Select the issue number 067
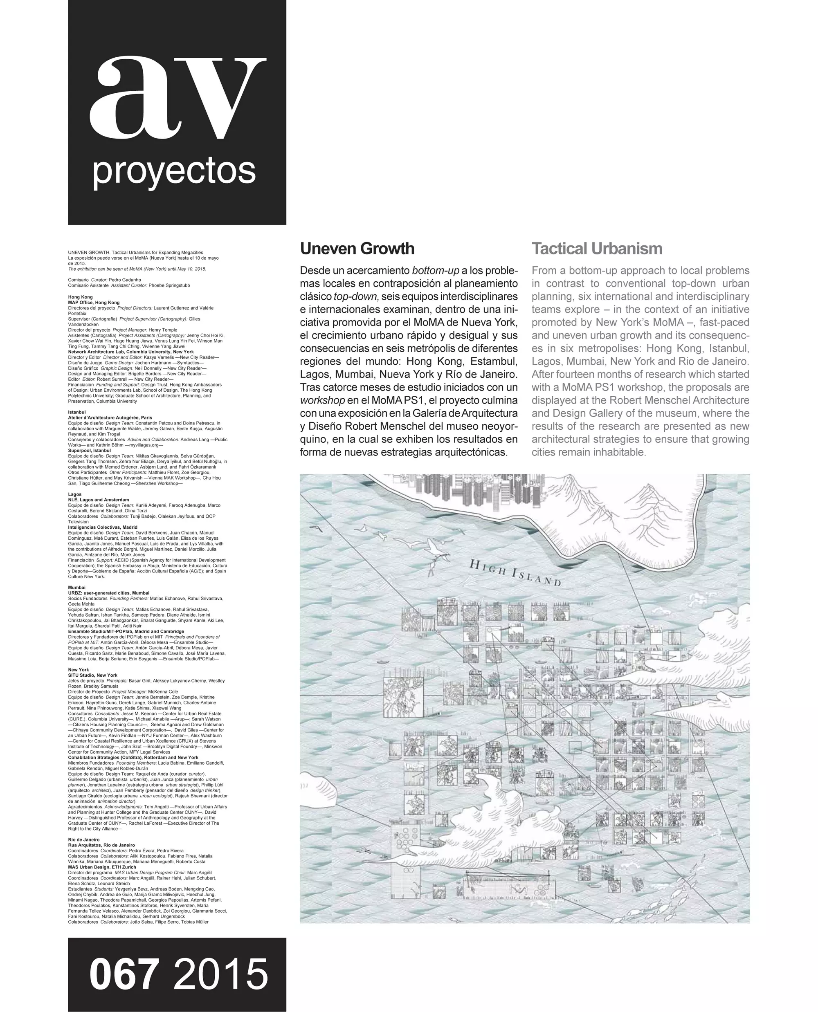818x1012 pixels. coord(124,974)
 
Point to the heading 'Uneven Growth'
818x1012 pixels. coord(357,248)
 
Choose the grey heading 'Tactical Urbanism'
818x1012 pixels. coord(597,248)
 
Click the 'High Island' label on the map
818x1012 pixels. coord(515,572)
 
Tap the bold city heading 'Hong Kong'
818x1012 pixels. coord(80,297)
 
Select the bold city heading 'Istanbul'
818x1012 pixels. coord(77,412)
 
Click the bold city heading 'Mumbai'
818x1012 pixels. coord(77,587)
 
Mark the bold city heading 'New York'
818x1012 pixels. coord(78,669)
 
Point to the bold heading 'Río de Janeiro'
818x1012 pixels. coord(83,839)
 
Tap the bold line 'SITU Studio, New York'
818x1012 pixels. coord(92,675)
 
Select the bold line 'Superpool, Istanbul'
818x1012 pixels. coord(89,451)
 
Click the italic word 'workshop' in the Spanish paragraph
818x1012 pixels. coord(322,400)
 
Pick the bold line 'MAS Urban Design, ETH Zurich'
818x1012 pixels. coord(102,867)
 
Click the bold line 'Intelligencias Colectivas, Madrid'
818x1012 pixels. coord(103,527)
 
